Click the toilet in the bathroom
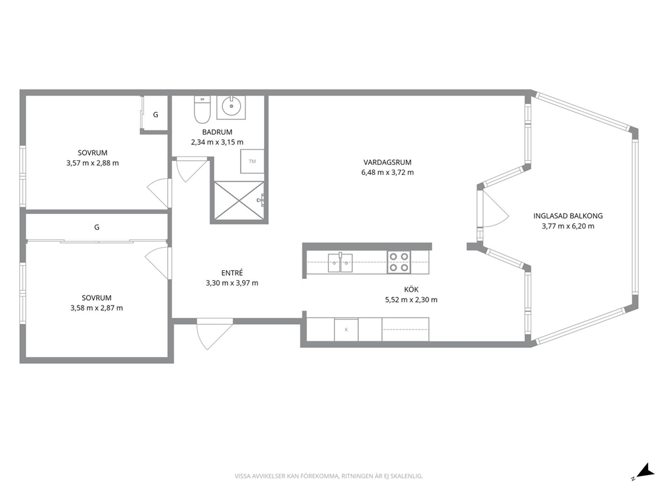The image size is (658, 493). point(202,110)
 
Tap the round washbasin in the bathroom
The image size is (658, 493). point(230,107)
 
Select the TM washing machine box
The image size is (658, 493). point(252,161)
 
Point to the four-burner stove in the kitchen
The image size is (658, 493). point(399,262)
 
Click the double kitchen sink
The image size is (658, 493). point(340,263)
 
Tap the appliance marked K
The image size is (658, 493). point(346,329)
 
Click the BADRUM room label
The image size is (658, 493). point(217,132)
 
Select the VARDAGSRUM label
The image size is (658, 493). point(387,162)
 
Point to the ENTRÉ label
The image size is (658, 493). point(232,273)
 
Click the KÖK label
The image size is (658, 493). point(411,290)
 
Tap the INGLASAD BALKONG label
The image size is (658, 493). point(568,216)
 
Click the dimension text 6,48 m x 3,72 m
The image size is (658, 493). point(387,172)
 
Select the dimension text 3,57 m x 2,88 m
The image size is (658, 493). point(92,163)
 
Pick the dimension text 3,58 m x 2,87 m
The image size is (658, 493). point(97,308)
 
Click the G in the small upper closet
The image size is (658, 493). point(155,115)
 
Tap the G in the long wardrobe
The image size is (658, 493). point(97,227)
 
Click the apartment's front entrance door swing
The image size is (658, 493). point(214,334)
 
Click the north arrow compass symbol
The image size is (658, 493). point(643,471)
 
